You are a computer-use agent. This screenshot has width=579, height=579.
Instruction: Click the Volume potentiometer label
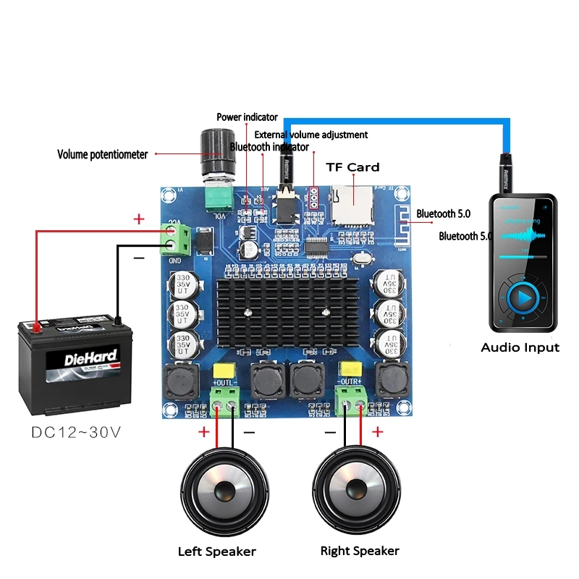(x=102, y=154)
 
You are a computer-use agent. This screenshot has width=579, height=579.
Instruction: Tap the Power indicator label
(x=247, y=117)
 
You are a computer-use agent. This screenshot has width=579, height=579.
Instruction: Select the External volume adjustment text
(x=310, y=135)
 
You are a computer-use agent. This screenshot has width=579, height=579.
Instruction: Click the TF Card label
(x=352, y=167)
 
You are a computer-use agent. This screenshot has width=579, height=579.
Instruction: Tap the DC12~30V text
(x=75, y=433)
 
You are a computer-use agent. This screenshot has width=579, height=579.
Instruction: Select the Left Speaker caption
(x=216, y=551)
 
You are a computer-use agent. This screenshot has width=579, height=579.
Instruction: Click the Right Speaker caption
(x=360, y=551)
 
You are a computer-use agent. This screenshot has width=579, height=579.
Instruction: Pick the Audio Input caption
(x=520, y=347)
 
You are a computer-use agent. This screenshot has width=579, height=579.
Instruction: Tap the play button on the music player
(x=523, y=297)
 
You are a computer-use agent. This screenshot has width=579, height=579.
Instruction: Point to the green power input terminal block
(x=177, y=240)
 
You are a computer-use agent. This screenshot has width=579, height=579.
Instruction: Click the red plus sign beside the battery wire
(x=139, y=219)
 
